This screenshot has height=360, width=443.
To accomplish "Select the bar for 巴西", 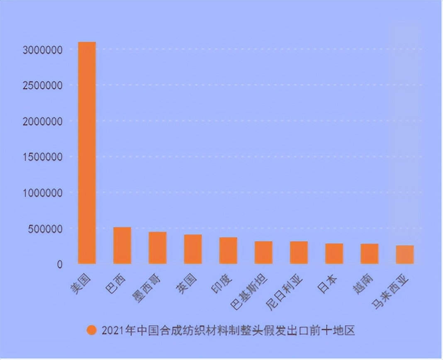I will [x=122, y=246].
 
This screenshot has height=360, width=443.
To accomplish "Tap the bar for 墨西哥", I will [x=157, y=248].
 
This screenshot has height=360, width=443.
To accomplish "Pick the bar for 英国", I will [x=193, y=249].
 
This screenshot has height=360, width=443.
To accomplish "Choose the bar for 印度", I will [x=228, y=251].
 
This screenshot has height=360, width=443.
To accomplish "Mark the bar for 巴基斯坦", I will [x=263, y=252].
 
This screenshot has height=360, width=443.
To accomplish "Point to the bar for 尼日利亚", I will [x=299, y=252].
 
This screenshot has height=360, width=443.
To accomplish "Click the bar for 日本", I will [x=334, y=253].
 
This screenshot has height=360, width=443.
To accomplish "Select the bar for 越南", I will [x=369, y=253].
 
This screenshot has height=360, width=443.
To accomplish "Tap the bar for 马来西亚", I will [x=404, y=254].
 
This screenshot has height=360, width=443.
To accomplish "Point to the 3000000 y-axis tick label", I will [x=43, y=50].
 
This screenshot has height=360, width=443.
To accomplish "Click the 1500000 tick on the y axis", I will [x=43, y=157].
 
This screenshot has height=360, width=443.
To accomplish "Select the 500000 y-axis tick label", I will [x=45, y=229].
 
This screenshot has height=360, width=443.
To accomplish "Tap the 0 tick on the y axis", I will [x=60, y=264].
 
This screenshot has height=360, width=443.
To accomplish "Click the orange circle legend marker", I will [x=91, y=331].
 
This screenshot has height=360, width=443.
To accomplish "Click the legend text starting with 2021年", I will [x=229, y=331].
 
